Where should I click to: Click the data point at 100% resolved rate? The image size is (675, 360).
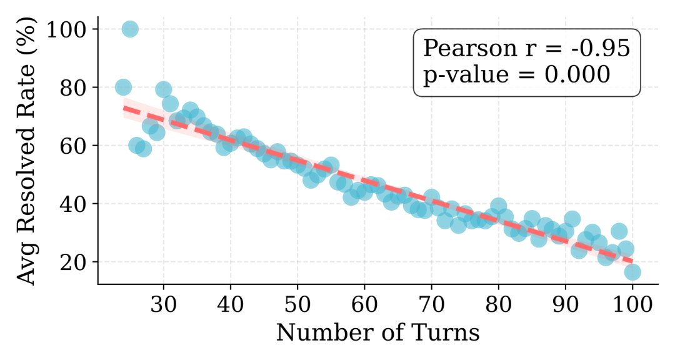pyautogui.click(x=130, y=29)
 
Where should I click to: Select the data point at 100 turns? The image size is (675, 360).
pyautogui.click(x=632, y=272)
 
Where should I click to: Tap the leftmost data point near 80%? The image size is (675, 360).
pyautogui.click(x=123, y=87)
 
